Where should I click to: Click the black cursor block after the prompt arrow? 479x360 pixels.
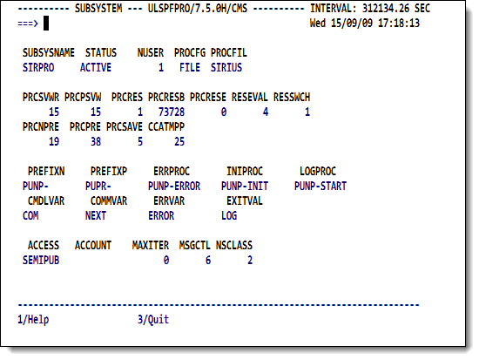(x=46, y=24)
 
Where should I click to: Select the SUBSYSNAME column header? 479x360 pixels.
(x=49, y=52)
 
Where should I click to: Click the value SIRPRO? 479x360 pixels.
(x=38, y=68)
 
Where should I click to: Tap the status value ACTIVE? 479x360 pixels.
(x=96, y=68)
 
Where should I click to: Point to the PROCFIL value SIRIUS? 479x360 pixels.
(x=226, y=68)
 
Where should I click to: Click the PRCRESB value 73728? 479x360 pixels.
(x=172, y=112)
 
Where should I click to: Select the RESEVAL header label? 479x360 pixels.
(x=250, y=98)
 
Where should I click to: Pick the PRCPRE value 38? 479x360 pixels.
(x=96, y=141)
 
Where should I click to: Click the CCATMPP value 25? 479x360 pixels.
(x=179, y=141)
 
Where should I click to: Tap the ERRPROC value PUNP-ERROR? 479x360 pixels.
(x=174, y=186)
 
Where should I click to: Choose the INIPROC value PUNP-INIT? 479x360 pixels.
(x=245, y=186)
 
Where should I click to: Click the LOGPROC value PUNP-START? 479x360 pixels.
(x=320, y=186)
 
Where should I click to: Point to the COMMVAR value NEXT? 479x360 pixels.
(x=96, y=215)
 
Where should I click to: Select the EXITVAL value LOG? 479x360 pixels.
(x=229, y=215)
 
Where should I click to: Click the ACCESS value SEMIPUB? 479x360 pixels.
(x=41, y=261)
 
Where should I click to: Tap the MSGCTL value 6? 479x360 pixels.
(x=208, y=261)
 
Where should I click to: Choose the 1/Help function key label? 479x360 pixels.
(x=33, y=319)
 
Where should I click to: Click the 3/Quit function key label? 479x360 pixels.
(x=153, y=319)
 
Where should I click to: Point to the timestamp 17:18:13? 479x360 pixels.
(x=399, y=24)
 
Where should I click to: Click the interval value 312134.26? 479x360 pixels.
(x=386, y=8)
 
